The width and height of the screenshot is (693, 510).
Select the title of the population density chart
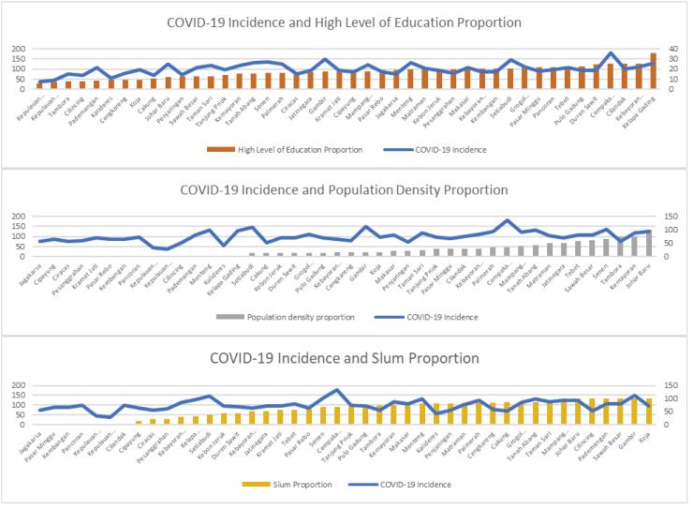tap(346, 192)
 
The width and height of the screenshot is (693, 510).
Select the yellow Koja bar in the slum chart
tap(649, 412)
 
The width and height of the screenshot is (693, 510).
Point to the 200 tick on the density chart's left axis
tap(20, 217)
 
